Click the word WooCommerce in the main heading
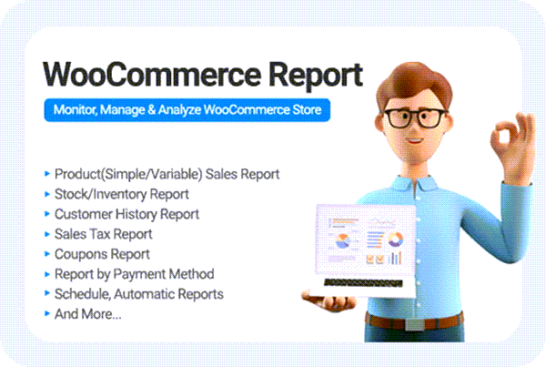coord(152,74)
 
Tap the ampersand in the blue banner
coord(151,110)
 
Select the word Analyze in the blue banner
coord(179,110)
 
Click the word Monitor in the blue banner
coord(75,110)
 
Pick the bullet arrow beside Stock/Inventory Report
coord(47,194)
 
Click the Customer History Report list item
coord(126,214)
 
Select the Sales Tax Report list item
coord(104,234)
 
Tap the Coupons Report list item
coord(102,254)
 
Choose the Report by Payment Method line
coord(134,274)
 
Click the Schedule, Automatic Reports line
coord(139,294)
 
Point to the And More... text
coord(87,314)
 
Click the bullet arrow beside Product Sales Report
coord(47,174)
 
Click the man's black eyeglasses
coord(414,118)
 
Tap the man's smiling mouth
coord(414,141)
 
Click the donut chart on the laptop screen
coord(395,240)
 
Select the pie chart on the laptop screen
coord(343,240)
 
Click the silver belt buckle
coord(414,324)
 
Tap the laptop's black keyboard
coord(363,283)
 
